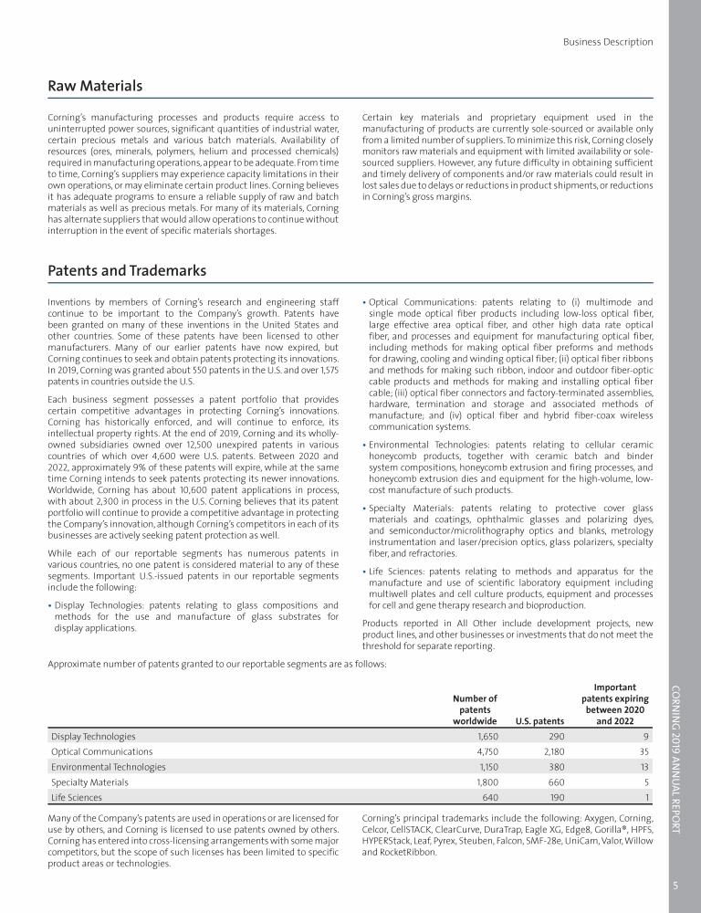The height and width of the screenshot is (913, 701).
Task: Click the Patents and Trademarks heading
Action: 127,271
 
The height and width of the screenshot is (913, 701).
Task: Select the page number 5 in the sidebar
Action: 675,885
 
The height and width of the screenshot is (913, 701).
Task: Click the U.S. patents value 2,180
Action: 548,751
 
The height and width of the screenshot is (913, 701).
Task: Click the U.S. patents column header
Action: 539,720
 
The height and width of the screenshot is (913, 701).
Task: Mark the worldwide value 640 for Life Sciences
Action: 488,797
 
